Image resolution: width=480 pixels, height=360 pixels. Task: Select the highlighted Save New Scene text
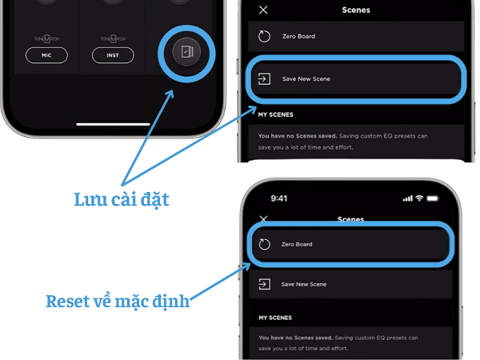(x=306, y=78)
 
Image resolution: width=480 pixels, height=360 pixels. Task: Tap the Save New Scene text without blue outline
(x=304, y=284)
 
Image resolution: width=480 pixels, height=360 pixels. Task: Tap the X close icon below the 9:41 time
(x=264, y=218)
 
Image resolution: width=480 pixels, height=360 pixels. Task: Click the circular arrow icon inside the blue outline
(x=265, y=244)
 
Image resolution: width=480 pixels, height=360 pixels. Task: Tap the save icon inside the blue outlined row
(x=263, y=78)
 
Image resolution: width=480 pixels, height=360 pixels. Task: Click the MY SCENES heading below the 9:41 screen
(x=274, y=317)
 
